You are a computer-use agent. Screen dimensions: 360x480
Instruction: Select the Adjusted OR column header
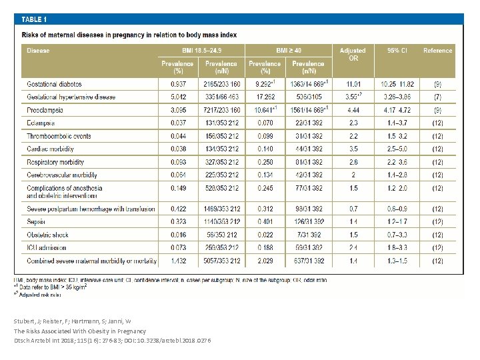coord(353,54)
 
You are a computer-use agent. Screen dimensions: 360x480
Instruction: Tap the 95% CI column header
coord(397,50)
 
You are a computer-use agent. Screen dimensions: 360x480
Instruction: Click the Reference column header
coord(437,50)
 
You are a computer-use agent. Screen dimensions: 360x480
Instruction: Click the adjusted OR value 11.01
coord(353,85)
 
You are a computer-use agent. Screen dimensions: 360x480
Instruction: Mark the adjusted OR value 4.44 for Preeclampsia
coord(353,109)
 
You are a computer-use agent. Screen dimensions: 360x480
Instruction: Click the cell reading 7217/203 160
coord(221,109)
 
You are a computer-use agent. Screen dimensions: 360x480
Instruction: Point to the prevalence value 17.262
coord(265,97)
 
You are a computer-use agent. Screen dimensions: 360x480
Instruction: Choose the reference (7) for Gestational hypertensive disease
coord(437,97)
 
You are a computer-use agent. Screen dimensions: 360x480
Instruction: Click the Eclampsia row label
coord(41,123)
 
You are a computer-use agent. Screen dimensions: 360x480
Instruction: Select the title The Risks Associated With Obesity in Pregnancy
coord(79,331)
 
